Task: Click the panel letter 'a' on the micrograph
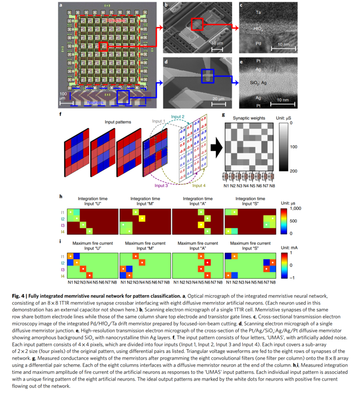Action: (61, 6)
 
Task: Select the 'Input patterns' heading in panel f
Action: (118, 121)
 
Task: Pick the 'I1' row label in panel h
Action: (63, 212)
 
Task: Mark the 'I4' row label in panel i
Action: (63, 276)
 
